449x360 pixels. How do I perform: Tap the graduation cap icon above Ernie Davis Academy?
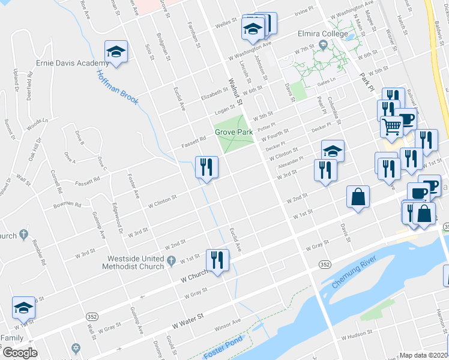116,52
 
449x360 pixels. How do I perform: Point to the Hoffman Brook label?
118,87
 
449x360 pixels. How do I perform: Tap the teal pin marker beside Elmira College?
324,45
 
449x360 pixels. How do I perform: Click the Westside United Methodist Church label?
135,263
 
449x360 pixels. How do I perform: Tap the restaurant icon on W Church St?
216,260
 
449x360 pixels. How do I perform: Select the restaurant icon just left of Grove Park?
206,166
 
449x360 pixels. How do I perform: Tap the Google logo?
20,352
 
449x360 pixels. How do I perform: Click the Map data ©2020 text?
423,355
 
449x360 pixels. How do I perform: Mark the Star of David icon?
76,348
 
